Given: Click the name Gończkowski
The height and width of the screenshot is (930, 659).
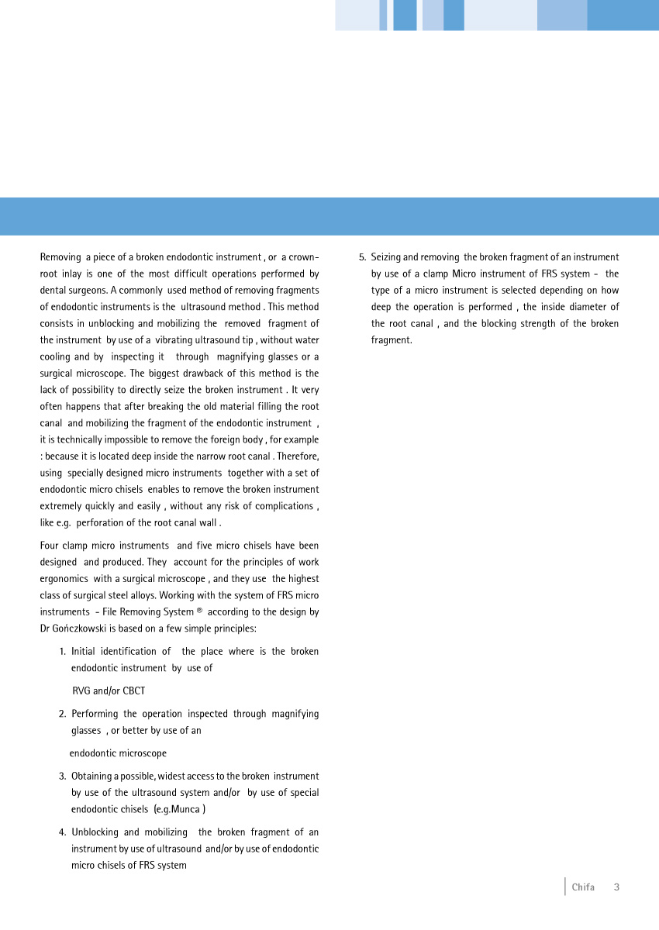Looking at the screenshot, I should (x=78, y=629).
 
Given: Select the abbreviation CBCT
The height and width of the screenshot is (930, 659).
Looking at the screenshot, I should (x=133, y=691).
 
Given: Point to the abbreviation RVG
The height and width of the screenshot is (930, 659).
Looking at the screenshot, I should (x=81, y=691).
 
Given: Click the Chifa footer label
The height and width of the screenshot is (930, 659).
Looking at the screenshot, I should (x=583, y=887).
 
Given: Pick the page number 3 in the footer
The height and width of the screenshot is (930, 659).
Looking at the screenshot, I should (x=616, y=887).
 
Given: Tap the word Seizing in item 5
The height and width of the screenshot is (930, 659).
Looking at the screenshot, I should (x=386, y=257).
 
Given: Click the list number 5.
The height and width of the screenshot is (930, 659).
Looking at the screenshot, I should (x=361, y=257).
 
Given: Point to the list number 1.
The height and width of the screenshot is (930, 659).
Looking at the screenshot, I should (x=62, y=652).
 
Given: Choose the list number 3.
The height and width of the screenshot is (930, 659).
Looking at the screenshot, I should (x=62, y=777).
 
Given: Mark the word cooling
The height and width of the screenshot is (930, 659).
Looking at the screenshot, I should (x=55, y=357).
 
